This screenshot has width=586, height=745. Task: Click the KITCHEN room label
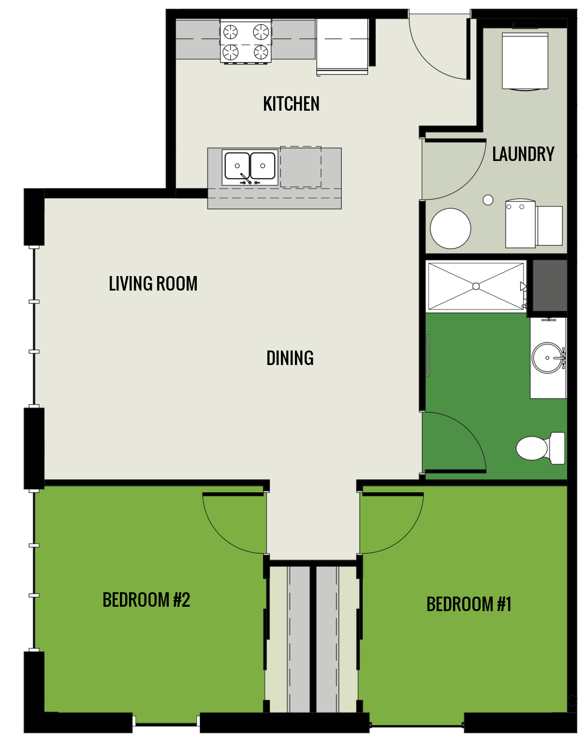(x=291, y=104)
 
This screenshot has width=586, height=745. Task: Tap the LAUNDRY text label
(x=523, y=154)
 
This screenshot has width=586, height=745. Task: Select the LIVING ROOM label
(x=153, y=284)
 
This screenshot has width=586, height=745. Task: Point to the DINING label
(x=290, y=358)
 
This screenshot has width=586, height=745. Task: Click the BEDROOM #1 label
(x=469, y=604)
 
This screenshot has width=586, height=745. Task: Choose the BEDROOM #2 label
(x=146, y=600)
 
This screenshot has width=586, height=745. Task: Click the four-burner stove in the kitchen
(x=246, y=41)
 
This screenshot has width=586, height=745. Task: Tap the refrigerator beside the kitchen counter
(x=342, y=46)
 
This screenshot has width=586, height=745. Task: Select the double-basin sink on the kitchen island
(x=250, y=167)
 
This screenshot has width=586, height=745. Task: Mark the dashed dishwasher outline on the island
(x=301, y=167)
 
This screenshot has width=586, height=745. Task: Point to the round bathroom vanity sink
(x=547, y=358)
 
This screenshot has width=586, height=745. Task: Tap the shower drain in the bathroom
(x=476, y=286)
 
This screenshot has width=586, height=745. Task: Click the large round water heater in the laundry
(x=450, y=228)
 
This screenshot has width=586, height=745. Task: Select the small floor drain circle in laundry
(x=488, y=200)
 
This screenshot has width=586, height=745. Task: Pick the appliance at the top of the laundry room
(x=525, y=60)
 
